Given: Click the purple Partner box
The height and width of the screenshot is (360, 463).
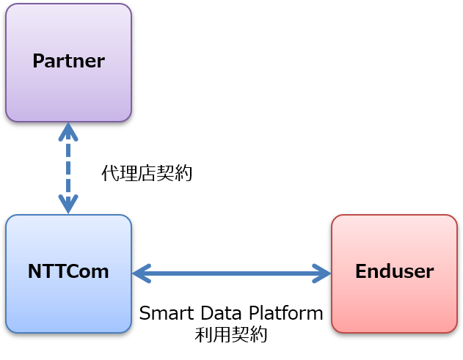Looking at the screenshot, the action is click(x=68, y=62).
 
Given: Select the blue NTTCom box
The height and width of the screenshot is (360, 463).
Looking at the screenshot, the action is click(x=68, y=273).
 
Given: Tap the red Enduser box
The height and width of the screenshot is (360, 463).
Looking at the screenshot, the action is click(x=395, y=273).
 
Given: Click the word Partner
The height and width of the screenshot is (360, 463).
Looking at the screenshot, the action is click(x=68, y=61).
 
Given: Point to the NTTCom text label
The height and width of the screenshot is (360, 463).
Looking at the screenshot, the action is click(x=68, y=271).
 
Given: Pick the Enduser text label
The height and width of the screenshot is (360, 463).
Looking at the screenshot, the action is click(x=395, y=271).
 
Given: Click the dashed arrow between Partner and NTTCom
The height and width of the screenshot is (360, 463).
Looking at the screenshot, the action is click(x=68, y=168).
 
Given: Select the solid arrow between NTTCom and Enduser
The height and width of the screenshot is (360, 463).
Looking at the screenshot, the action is click(x=232, y=273).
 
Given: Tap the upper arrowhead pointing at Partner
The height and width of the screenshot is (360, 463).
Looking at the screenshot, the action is click(x=68, y=132).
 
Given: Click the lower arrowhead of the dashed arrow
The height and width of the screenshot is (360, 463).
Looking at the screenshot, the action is click(x=68, y=204).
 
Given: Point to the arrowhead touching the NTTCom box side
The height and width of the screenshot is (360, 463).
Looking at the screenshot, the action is click(x=142, y=273).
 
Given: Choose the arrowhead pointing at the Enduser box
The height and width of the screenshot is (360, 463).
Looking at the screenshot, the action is click(x=321, y=273).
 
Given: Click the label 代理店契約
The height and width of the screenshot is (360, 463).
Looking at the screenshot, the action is click(x=147, y=173).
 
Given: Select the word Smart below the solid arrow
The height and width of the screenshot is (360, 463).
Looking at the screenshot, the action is click(x=167, y=313).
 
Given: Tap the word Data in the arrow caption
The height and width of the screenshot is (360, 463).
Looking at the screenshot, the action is click(x=222, y=313).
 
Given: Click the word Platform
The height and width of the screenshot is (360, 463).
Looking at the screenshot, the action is click(x=286, y=313).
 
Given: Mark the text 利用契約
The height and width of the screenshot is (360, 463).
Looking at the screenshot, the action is click(x=231, y=334).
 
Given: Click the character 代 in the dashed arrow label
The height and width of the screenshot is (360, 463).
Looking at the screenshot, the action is click(x=111, y=173).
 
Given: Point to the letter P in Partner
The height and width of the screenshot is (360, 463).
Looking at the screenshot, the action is click(x=38, y=61).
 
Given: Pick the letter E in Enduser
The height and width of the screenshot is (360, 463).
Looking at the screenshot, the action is click(x=361, y=271).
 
